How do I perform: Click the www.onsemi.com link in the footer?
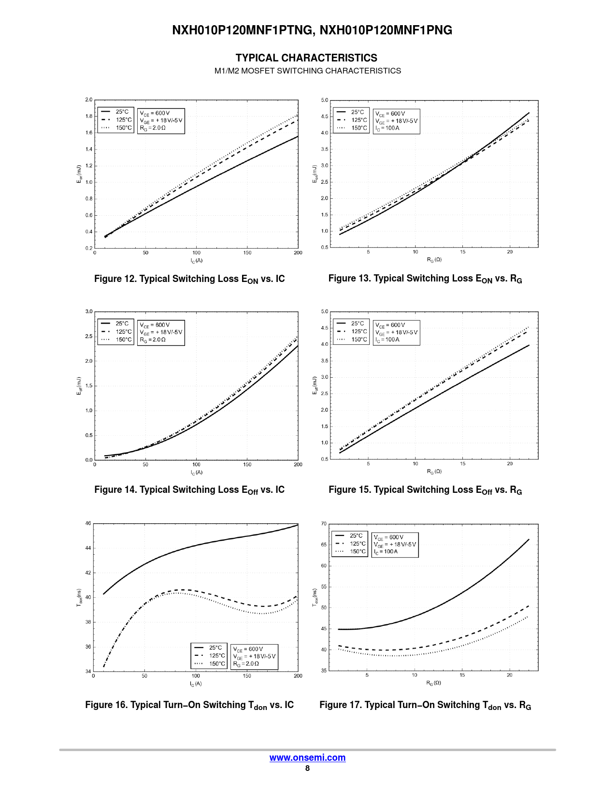[x=307, y=758]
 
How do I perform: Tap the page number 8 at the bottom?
[x=307, y=768]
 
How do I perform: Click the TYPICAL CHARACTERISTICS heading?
[x=306, y=58]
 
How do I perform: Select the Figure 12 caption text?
[x=189, y=279]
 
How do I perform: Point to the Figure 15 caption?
[x=425, y=490]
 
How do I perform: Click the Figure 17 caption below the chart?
[x=425, y=705]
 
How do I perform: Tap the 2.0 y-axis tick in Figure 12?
[x=89, y=100]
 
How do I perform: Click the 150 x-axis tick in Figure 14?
[x=247, y=465]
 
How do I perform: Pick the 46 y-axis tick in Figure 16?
[x=88, y=523]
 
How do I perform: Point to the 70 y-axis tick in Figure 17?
[x=324, y=524]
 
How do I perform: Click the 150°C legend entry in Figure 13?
[x=359, y=128]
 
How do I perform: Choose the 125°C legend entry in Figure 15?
[x=359, y=332]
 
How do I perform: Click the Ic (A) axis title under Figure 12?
[x=196, y=261]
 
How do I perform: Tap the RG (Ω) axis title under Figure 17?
[x=433, y=683]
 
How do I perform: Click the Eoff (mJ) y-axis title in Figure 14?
[x=79, y=386]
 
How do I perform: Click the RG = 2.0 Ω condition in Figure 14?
[x=153, y=340]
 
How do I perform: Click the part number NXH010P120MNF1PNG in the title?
[x=386, y=30]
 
